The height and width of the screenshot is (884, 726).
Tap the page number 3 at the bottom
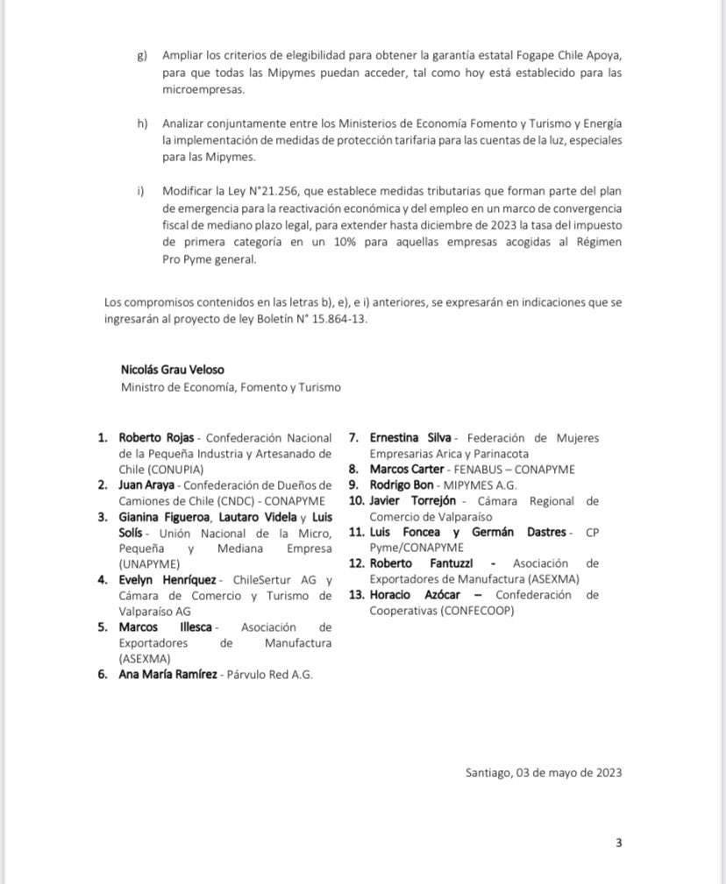pos(618,843)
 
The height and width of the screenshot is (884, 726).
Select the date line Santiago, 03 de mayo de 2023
pos(544,772)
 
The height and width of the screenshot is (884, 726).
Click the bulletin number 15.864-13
pos(336,319)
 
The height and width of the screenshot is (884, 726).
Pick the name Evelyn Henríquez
pos(168,580)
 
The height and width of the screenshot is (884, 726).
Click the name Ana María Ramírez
pos(167,675)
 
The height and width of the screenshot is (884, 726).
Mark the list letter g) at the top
pos(143,55)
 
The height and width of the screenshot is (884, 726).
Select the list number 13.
pos(355,595)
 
